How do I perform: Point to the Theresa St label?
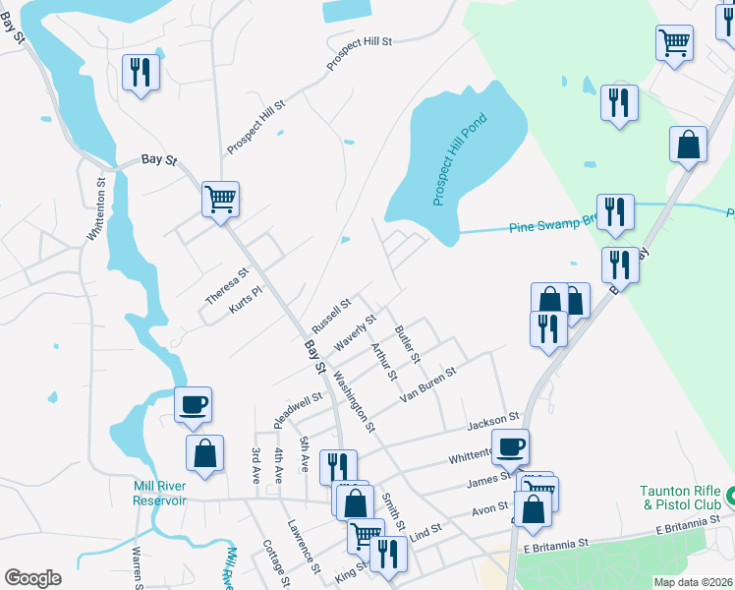(x=227, y=286)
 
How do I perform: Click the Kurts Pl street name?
(x=247, y=300)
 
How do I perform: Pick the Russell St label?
(x=331, y=316)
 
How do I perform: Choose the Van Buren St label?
(x=429, y=384)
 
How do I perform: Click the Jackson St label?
(x=492, y=423)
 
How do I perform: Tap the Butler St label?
(x=407, y=342)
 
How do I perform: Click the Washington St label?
(x=354, y=401)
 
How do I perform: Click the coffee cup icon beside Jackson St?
(x=510, y=447)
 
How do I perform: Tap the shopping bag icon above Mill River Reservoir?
(x=204, y=454)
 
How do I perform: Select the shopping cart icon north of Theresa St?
(x=221, y=199)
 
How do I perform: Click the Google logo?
(x=32, y=578)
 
